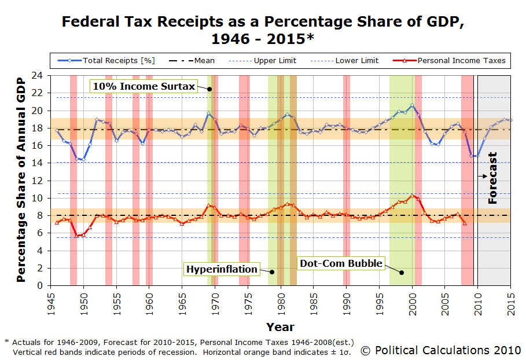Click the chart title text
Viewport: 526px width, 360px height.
coord(263,31)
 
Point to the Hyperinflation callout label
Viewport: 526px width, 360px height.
coord(221,269)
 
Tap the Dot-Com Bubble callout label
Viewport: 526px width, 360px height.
coord(341,263)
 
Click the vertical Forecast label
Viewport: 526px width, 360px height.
coord(493,178)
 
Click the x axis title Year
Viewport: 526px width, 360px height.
coord(281,326)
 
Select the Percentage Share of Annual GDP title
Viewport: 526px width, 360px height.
coord(21,179)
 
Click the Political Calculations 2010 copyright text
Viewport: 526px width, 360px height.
coord(440,350)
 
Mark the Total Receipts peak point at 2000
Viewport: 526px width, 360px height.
coord(412,105)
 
